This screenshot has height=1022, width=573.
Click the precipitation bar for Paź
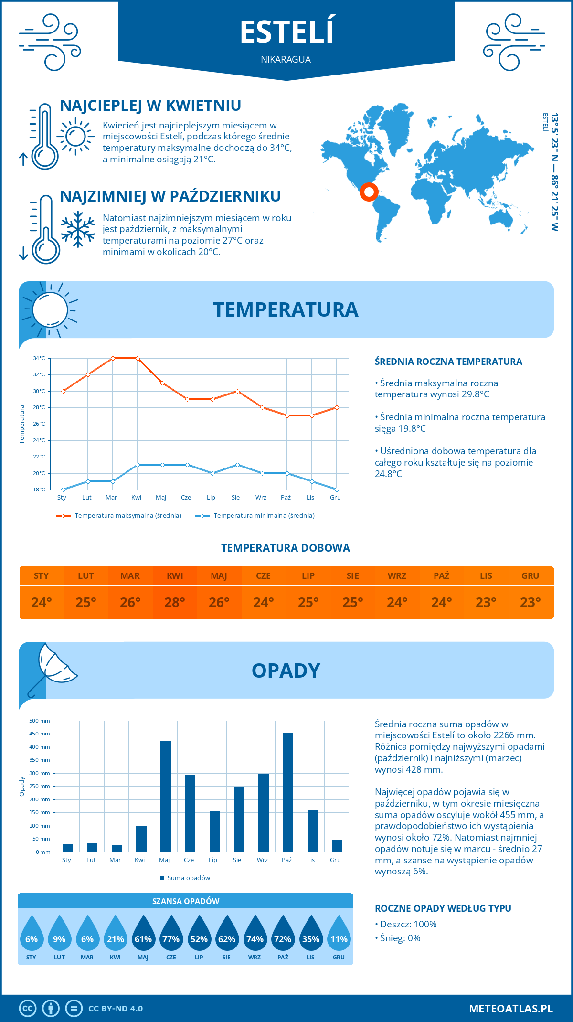click(287, 792)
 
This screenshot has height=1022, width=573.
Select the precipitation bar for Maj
click(165, 796)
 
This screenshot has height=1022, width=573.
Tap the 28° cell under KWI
click(175, 602)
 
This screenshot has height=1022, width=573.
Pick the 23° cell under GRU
click(530, 602)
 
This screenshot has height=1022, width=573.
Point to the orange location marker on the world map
click(369, 192)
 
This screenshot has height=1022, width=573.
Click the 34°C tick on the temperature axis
click(39, 358)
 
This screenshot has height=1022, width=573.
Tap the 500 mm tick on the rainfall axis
click(40, 721)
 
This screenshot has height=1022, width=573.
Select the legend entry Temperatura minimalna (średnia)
click(255, 516)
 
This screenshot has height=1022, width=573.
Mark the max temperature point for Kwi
click(138, 358)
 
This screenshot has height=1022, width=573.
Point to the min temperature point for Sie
click(237, 465)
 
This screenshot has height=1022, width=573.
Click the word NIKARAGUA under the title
click(286, 59)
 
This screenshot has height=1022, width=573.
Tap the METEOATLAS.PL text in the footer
click(510, 1008)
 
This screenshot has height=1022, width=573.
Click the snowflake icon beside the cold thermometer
click(78, 229)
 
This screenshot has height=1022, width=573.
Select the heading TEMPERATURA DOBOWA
click(286, 548)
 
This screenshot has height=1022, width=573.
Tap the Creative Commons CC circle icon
click(28, 1008)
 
